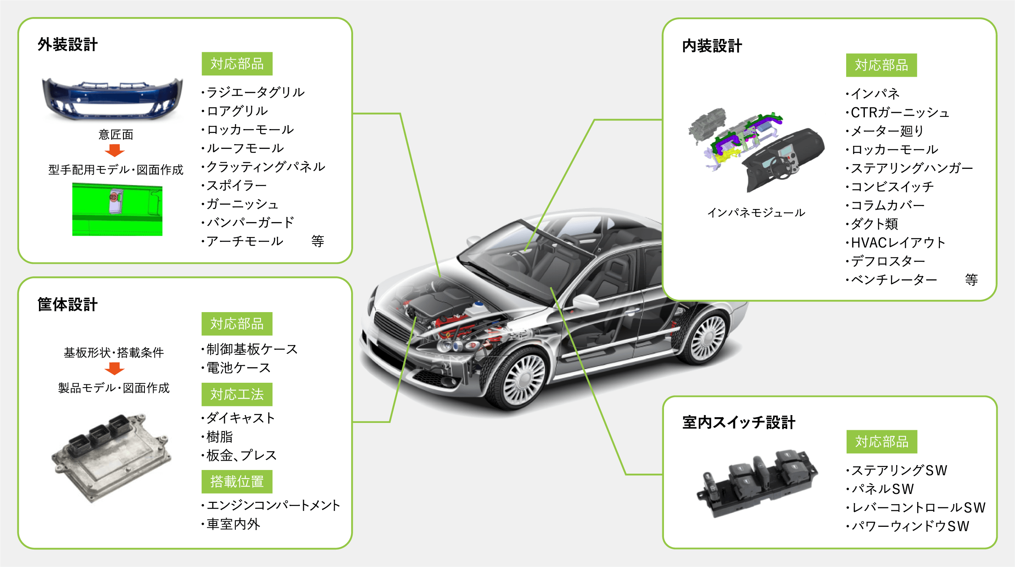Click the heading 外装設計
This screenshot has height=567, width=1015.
coord(68,45)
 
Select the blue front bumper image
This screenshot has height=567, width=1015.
coord(112,99)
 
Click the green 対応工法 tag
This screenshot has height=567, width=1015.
coord(237,395)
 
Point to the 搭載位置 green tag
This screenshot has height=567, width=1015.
coord(237,482)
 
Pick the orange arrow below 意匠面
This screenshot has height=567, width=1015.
coord(114,151)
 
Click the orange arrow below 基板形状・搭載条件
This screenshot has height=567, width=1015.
coord(114,369)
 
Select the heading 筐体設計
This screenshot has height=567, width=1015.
coord(68,304)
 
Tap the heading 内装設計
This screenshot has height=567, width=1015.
coord(712,46)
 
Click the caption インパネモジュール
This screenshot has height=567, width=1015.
coord(756,213)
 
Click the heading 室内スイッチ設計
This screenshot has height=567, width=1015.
coord(739,423)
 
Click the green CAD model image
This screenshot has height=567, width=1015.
coord(117,209)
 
